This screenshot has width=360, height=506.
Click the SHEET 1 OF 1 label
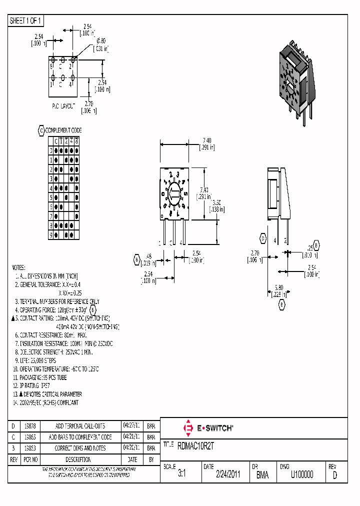26,21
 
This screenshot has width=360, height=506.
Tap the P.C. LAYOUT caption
63,106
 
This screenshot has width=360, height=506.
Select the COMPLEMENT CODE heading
63,130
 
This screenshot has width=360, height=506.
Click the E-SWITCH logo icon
188,428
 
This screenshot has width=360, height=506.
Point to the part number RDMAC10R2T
199,444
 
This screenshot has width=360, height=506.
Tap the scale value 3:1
181,475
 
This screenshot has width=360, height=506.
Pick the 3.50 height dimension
215,202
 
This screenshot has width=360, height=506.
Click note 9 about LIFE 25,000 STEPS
35,360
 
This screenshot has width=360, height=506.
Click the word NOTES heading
18,268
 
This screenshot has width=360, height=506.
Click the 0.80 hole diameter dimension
101,40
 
